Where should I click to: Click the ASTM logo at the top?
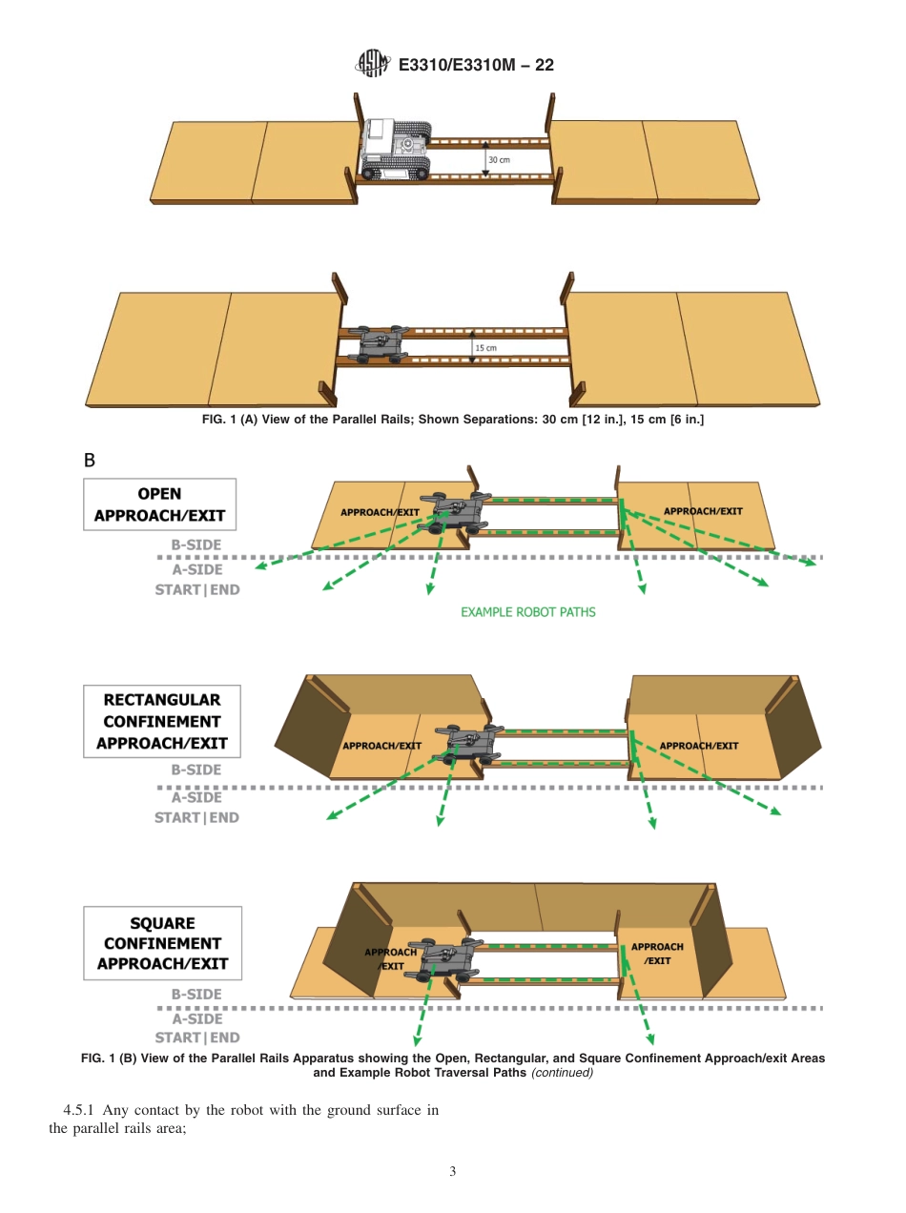pyautogui.click(x=371, y=64)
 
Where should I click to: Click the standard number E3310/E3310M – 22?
pyautogui.click(x=475, y=65)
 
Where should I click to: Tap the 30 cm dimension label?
pyautogui.click(x=499, y=159)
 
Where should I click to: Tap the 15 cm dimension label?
pyautogui.click(x=485, y=348)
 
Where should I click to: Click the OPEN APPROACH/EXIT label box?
pyautogui.click(x=159, y=504)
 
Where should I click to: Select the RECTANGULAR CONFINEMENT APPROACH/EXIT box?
pyautogui.click(x=161, y=722)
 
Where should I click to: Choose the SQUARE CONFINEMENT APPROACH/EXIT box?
pyautogui.click(x=162, y=943)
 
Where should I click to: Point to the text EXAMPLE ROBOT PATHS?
pyautogui.click(x=527, y=612)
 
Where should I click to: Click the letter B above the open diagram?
pyautogui.click(x=90, y=461)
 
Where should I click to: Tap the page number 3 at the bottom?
pyautogui.click(x=453, y=1171)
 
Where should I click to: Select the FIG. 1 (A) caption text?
pyautogui.click(x=453, y=421)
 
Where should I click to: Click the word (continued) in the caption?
pyautogui.click(x=562, y=1072)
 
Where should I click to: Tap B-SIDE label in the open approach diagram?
pyautogui.click(x=196, y=545)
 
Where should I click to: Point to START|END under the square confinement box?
pyautogui.click(x=197, y=1038)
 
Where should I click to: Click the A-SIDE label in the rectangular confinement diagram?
pyautogui.click(x=196, y=797)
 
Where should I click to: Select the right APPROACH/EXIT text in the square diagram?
pyautogui.click(x=657, y=954)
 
